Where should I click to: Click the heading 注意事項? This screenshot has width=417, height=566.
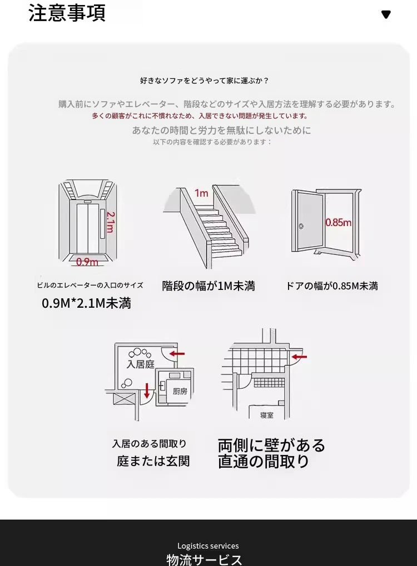[x=67, y=13]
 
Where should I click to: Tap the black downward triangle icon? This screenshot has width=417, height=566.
[x=386, y=14]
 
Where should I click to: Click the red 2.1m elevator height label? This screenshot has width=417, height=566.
[x=110, y=222]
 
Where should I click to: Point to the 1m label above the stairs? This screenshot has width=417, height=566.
[x=201, y=193]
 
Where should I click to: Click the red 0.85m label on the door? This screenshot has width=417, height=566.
[x=338, y=222]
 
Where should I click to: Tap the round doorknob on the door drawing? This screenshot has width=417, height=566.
[x=301, y=226]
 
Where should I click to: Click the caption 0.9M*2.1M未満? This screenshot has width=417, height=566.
[x=86, y=304]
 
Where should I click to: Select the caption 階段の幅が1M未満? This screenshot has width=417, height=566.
[x=209, y=286]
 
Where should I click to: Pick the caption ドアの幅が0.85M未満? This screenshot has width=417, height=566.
[x=332, y=286]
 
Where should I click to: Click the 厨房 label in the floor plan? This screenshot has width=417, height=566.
[x=180, y=391]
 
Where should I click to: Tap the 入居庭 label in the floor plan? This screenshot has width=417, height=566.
[x=140, y=365]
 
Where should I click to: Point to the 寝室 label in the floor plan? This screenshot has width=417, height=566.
[x=267, y=415]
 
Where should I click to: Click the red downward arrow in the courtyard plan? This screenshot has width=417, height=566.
[x=147, y=390]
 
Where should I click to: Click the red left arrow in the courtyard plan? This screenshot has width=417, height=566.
[x=177, y=353]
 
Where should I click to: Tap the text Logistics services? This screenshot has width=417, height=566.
[x=208, y=546]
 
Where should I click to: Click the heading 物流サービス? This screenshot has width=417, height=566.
[x=204, y=559]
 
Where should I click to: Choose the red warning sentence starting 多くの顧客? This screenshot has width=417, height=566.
[x=200, y=116]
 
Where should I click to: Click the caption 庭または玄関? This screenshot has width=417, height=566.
[x=153, y=461]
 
